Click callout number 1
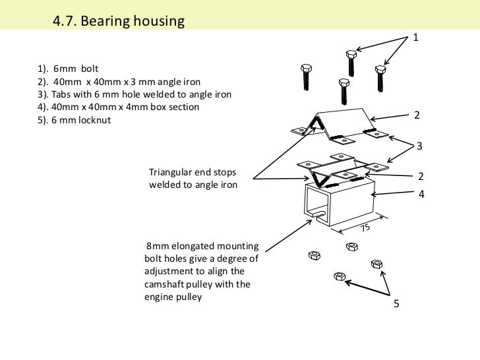[x=416, y=39]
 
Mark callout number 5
[x=396, y=304]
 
